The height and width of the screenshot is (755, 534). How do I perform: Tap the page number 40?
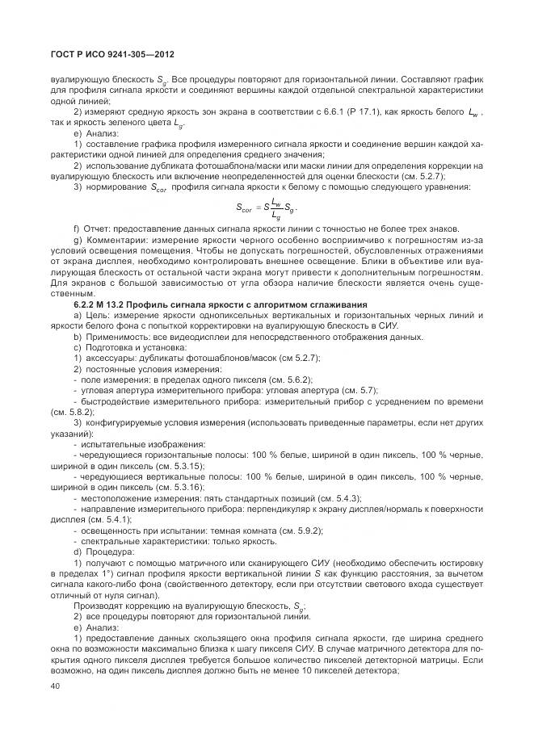(55, 686)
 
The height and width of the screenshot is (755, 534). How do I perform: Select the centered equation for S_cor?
(267, 208)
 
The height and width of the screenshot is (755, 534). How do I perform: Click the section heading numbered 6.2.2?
(209, 304)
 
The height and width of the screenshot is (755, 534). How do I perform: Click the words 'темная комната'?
(240, 530)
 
